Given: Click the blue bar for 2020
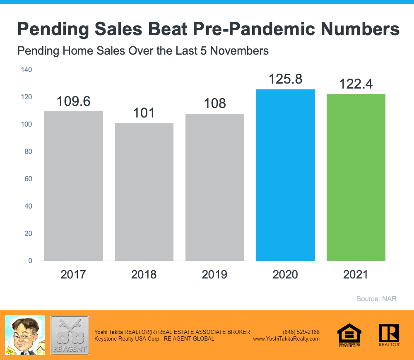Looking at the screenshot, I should pyautogui.click(x=285, y=175).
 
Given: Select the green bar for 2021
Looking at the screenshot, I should pyautogui.click(x=356, y=177).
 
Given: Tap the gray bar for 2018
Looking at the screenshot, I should pyautogui.click(x=144, y=192).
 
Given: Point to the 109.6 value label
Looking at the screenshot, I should pyautogui.click(x=74, y=101).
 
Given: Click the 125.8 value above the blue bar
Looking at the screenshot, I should pyautogui.click(x=285, y=79).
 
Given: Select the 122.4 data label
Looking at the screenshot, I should pyautogui.click(x=356, y=84).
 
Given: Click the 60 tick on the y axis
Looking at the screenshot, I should pyautogui.click(x=29, y=179).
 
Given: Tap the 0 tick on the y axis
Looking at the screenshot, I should pyautogui.click(x=30, y=261).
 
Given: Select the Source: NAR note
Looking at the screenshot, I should pyautogui.click(x=376, y=299).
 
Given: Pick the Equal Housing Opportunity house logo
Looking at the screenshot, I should pyautogui.click(x=349, y=335).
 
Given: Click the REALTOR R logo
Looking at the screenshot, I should pyautogui.click(x=389, y=335).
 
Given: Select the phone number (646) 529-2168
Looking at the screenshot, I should pyautogui.click(x=301, y=332).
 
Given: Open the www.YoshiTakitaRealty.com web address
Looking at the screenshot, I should pyautogui.click(x=286, y=338).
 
